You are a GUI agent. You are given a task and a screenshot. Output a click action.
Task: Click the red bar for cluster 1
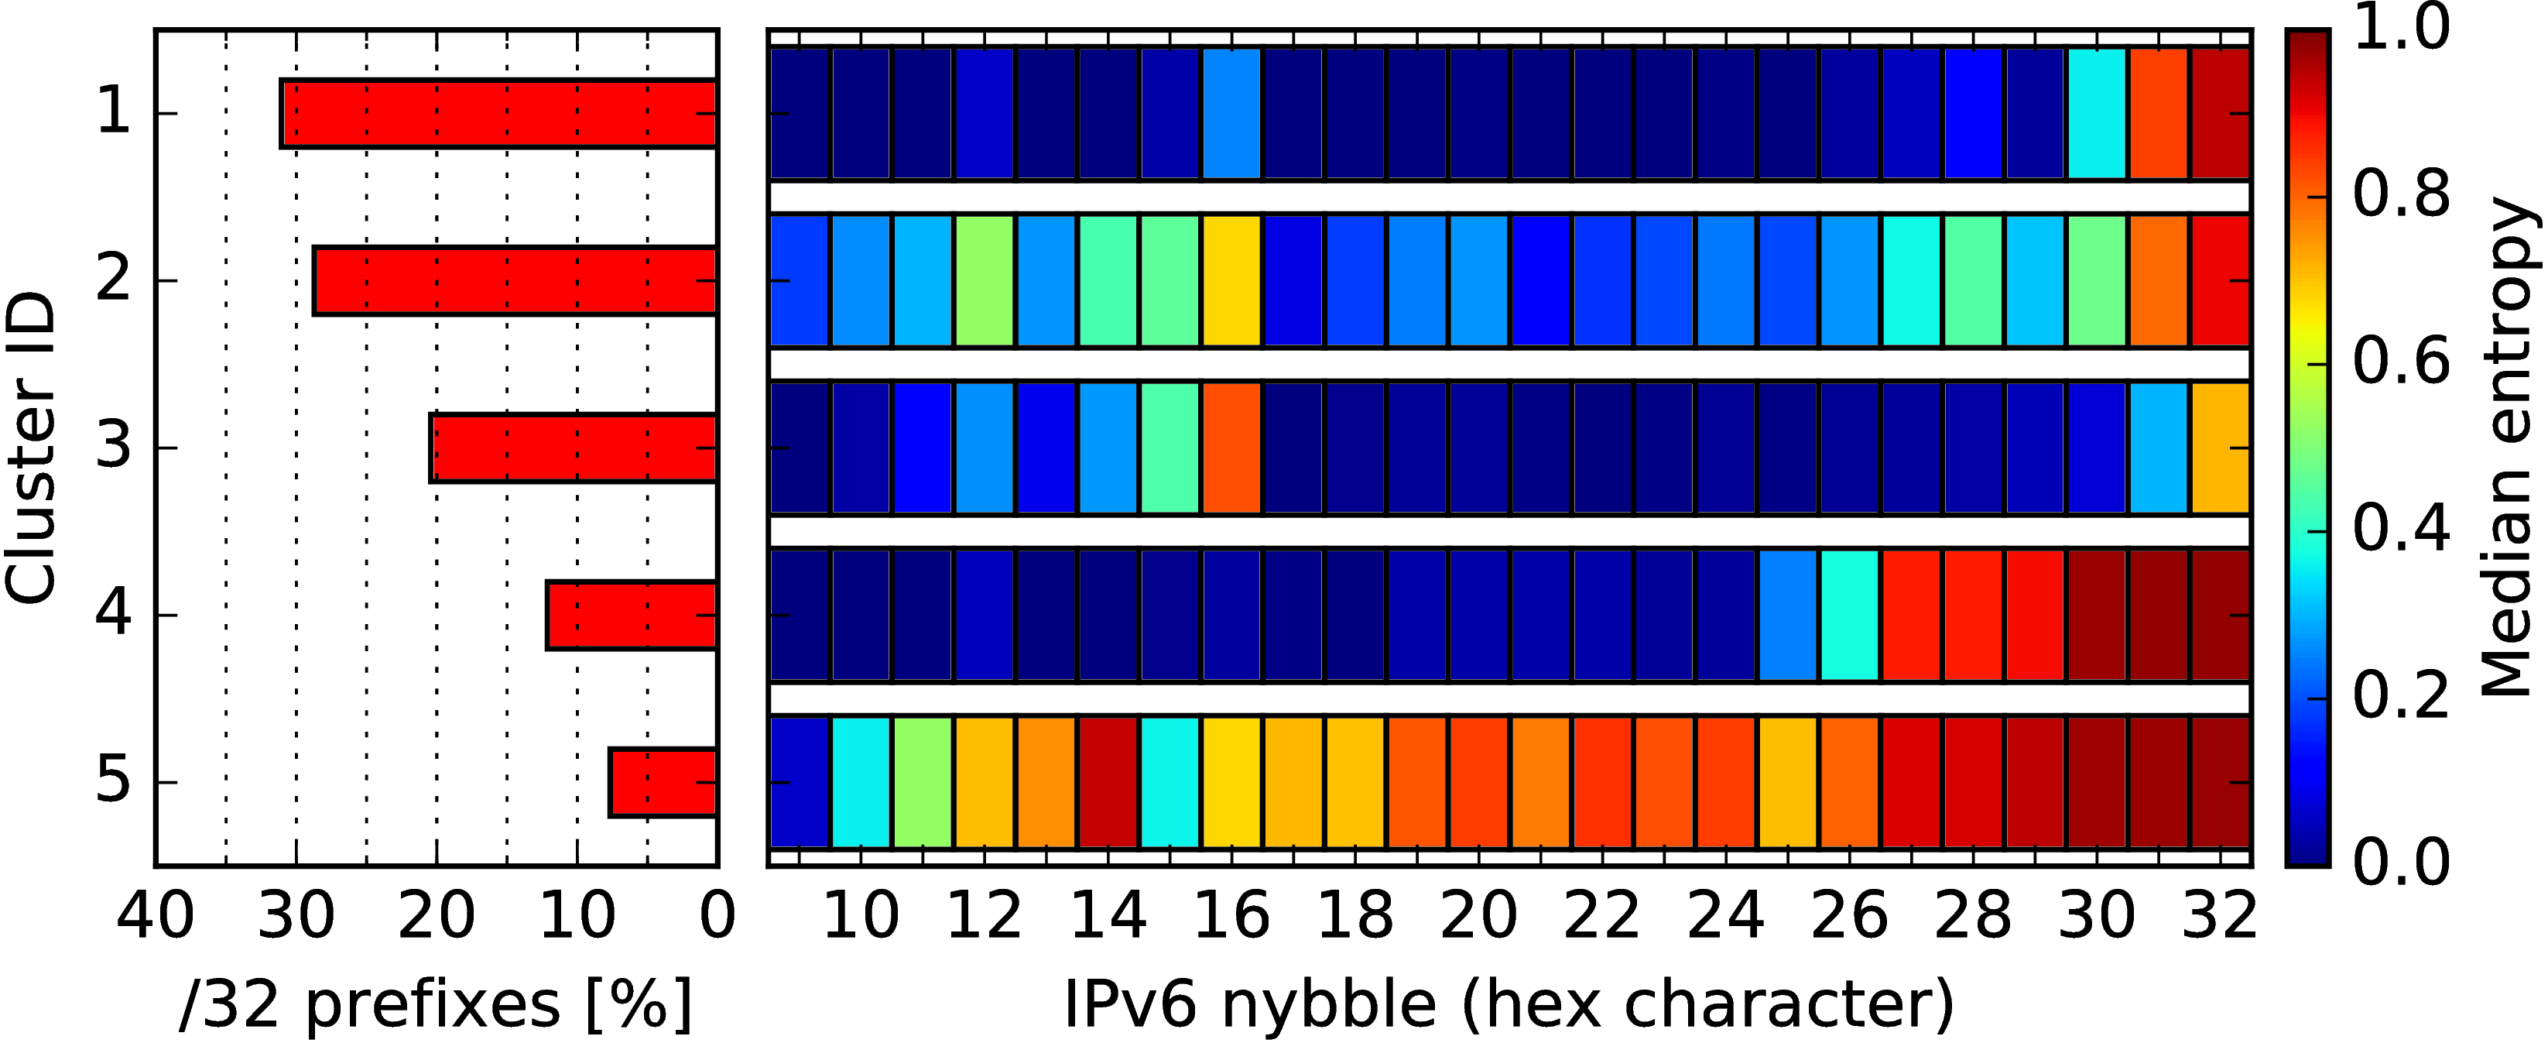point(499,114)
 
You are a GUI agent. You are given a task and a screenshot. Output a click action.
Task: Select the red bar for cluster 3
point(574,448)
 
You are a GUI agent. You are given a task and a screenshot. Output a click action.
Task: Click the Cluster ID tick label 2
point(114,280)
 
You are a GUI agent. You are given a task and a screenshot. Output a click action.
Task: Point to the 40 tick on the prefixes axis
point(156,915)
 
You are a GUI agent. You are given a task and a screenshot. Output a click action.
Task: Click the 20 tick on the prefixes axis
point(437,915)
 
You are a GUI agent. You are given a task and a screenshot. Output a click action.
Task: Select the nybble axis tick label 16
point(1231,915)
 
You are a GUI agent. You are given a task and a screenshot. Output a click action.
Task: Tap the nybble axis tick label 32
point(2220,915)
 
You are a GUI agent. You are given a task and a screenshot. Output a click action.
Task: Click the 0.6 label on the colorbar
point(2402,362)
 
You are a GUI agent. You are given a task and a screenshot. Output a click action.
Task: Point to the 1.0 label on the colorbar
point(2402,28)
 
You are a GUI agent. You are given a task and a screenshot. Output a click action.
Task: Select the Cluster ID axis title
point(29,448)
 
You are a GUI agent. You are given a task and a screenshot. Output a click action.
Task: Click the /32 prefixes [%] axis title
point(437,1004)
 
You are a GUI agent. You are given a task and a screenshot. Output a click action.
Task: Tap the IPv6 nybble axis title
point(1509,1004)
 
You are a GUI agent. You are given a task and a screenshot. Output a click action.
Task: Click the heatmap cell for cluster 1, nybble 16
point(1231,114)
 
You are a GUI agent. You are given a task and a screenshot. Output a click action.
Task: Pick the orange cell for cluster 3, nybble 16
point(1231,448)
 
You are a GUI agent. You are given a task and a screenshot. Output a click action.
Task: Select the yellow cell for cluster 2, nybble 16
point(1231,281)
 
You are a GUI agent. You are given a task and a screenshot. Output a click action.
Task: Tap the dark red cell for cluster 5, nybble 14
point(1108,783)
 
